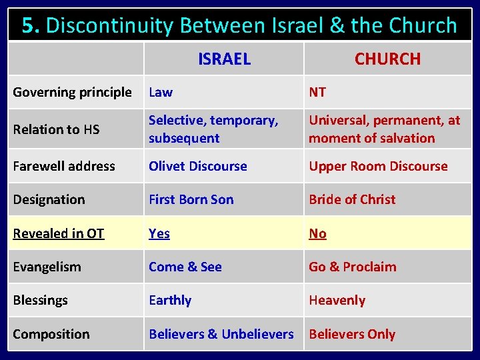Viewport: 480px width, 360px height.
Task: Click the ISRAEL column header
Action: pyautogui.click(x=224, y=59)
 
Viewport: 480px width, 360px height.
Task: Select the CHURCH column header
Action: pyautogui.click(x=387, y=59)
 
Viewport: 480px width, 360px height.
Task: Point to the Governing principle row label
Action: pyautogui.click(x=72, y=92)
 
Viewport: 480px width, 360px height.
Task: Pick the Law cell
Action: pyautogui.click(x=161, y=92)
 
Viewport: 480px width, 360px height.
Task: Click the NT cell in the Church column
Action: pyautogui.click(x=317, y=92)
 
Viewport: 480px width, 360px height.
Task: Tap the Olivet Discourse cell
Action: pyautogui.click(x=198, y=166)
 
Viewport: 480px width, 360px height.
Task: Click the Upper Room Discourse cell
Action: pyautogui.click(x=378, y=166)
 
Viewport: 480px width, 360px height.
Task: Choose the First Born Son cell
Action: pyautogui.click(x=191, y=199)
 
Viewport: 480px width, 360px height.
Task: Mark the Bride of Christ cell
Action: pyautogui.click(x=352, y=199)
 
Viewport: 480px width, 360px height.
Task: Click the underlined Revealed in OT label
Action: pyautogui.click(x=59, y=233)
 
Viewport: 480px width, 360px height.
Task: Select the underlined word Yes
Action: pyautogui.click(x=159, y=233)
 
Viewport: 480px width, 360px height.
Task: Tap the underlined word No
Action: pyautogui.click(x=317, y=233)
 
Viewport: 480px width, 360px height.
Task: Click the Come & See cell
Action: pyautogui.click(x=185, y=267)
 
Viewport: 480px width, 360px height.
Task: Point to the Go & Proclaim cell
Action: pyautogui.click(x=352, y=267)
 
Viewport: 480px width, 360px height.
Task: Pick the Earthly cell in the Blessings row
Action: pyautogui.click(x=170, y=300)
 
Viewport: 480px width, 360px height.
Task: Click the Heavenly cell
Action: pyautogui.click(x=337, y=300)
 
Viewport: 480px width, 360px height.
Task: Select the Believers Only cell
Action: pyautogui.click(x=352, y=334)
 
